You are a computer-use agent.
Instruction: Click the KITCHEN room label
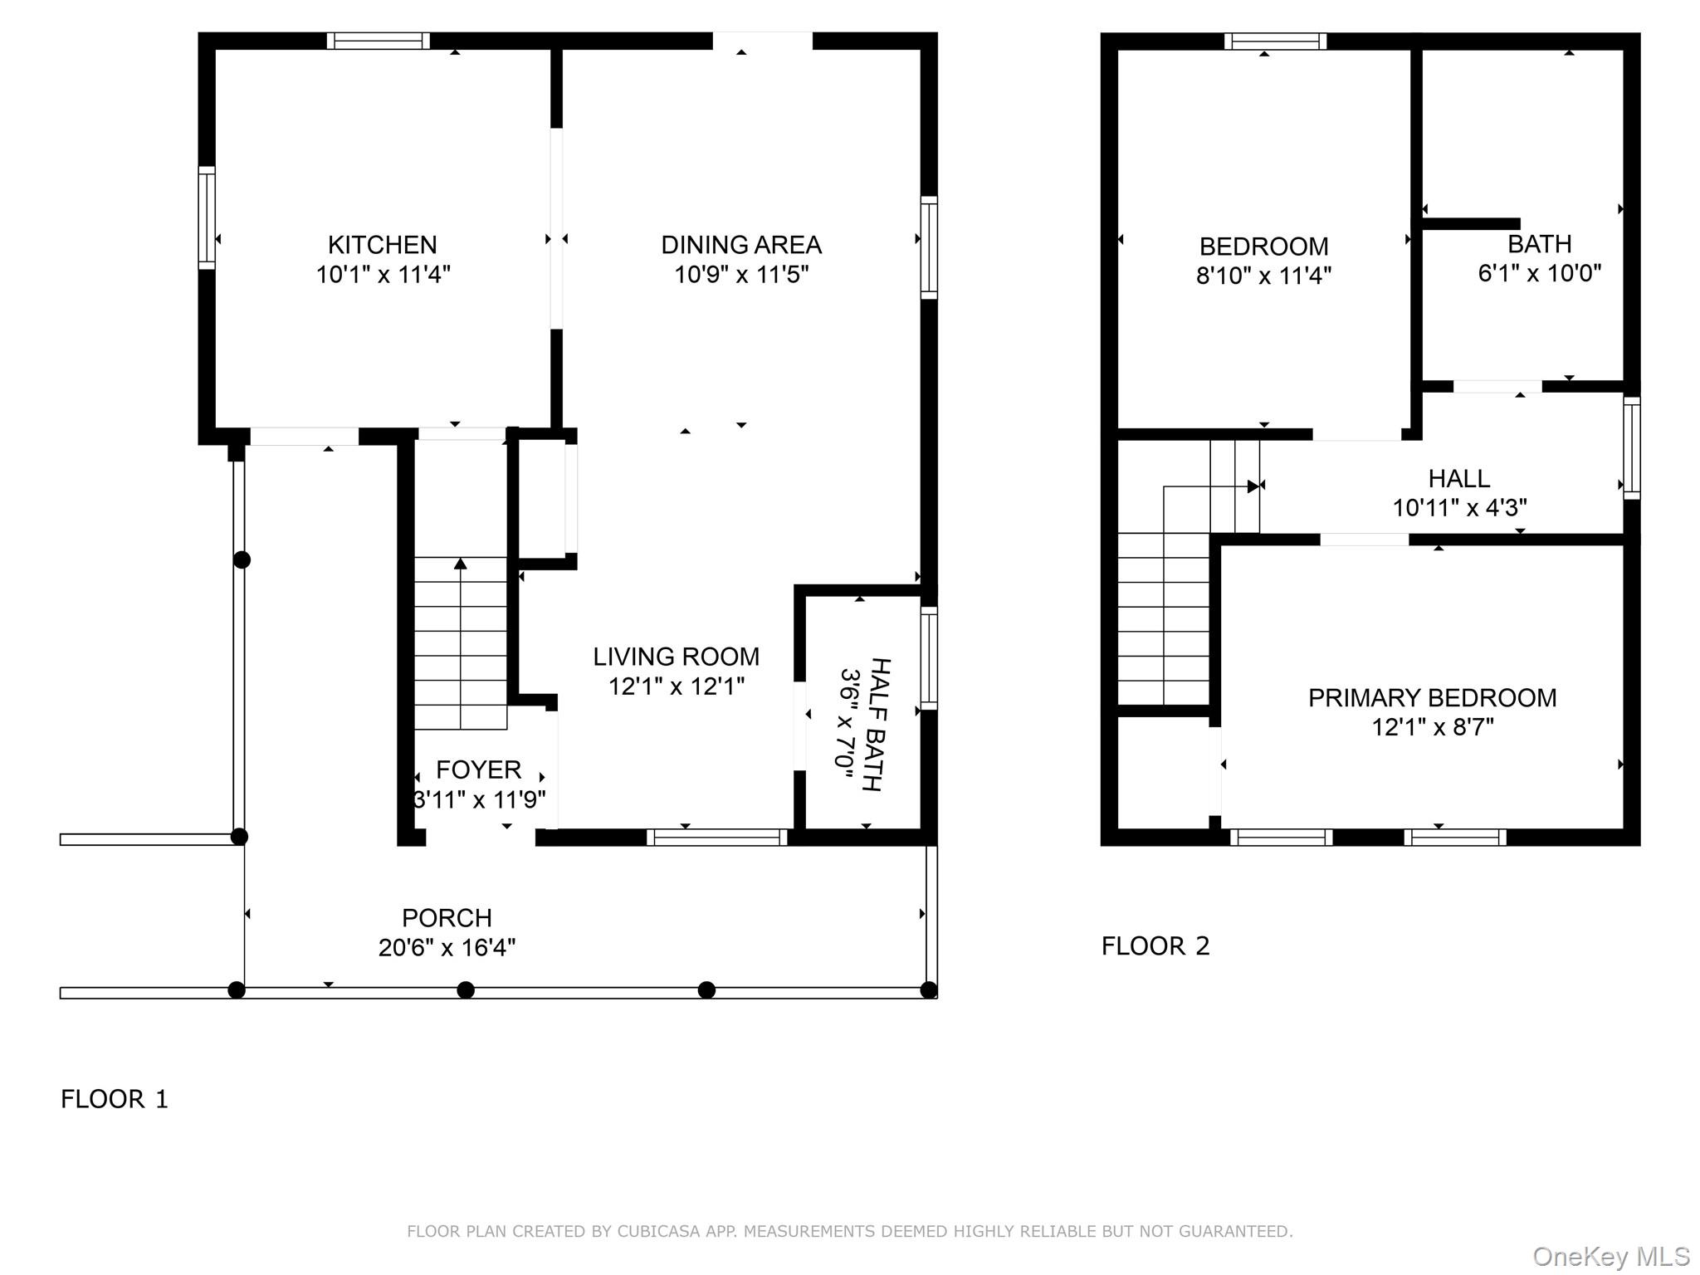click(382, 245)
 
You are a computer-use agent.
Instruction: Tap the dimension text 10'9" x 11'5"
click(740, 275)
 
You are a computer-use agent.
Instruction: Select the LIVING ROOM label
click(676, 657)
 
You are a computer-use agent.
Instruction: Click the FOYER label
click(478, 770)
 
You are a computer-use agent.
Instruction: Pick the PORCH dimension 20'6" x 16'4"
click(447, 948)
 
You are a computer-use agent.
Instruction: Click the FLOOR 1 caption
click(115, 1099)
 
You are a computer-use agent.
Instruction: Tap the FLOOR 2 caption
click(1155, 945)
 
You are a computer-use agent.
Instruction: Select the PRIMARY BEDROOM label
click(1432, 698)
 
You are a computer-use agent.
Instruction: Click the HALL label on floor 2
click(1458, 478)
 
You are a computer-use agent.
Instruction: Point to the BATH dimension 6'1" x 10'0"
click(1539, 273)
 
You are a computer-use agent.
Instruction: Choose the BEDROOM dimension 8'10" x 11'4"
click(1263, 276)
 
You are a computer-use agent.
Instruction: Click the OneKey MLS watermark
click(1610, 1257)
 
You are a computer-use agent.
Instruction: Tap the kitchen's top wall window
click(378, 41)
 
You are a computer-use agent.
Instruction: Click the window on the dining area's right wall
click(929, 247)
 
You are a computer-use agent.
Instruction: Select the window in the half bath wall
click(929, 658)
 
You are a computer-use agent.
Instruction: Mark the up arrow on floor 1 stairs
click(461, 564)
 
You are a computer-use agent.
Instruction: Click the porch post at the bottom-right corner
click(929, 989)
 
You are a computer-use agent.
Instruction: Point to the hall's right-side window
click(1631, 447)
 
